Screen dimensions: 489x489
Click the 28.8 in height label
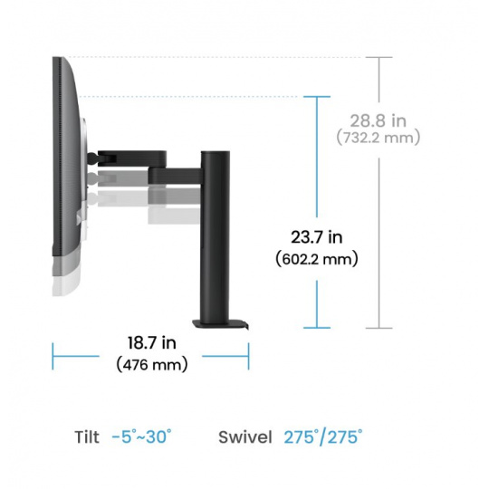tap(378, 121)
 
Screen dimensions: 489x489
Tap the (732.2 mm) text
tap(379, 138)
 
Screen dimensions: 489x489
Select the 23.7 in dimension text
tap(317, 237)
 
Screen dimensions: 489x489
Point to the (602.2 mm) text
tap(317, 260)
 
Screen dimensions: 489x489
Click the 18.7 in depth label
tap(152, 342)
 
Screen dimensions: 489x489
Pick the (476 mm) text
tap(152, 365)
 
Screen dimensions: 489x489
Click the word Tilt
tap(87, 436)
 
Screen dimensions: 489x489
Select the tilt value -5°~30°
tap(141, 436)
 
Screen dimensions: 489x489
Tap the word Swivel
tap(245, 436)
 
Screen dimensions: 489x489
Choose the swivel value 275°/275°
tap(323, 436)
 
